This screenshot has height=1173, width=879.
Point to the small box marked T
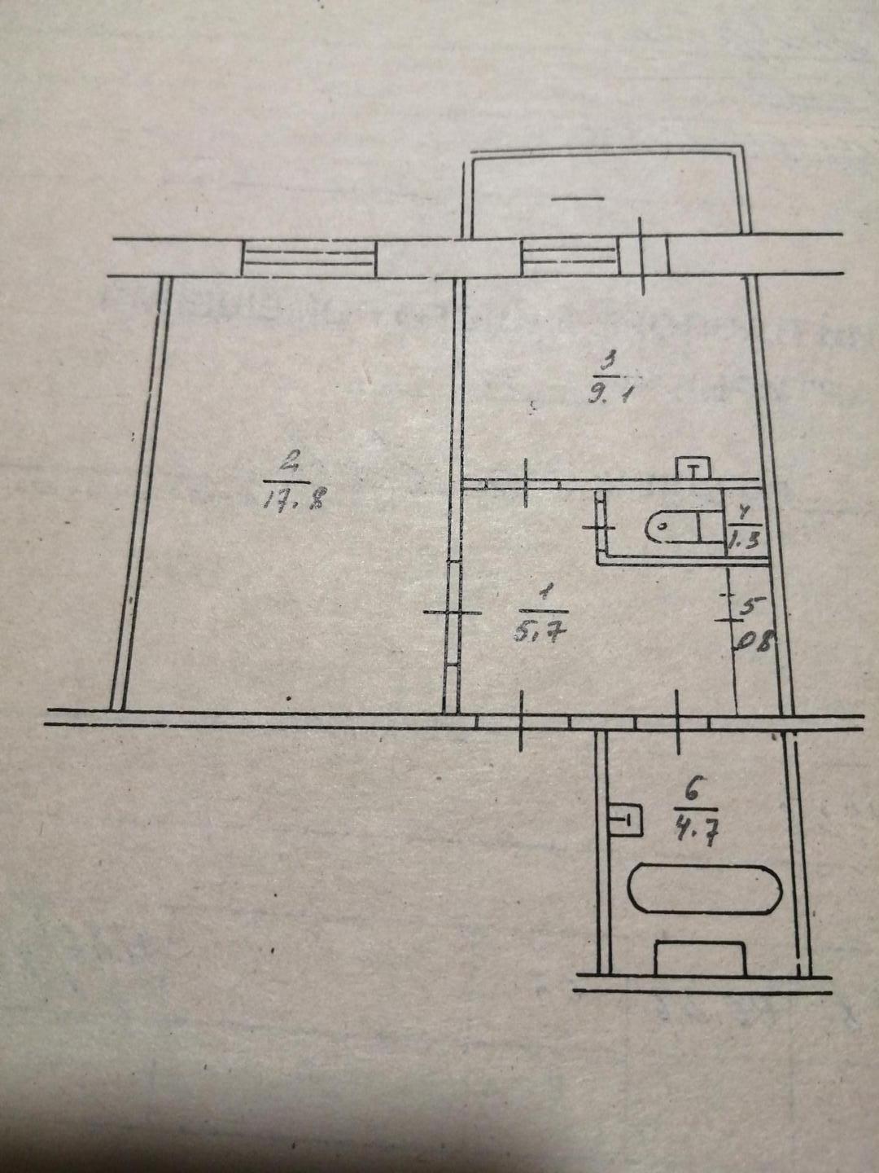click(693, 468)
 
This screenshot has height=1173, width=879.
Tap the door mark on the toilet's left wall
click(601, 529)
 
